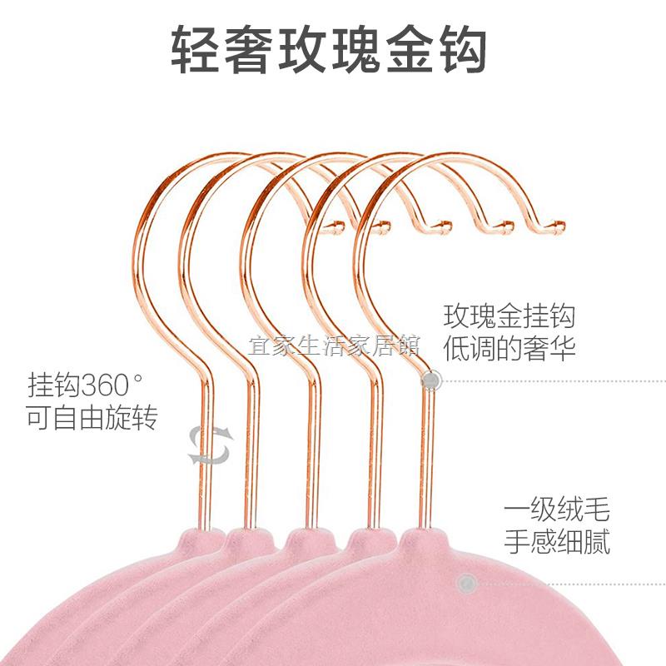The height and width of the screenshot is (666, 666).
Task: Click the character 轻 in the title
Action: point(196,49)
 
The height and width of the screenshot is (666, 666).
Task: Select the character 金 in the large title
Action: point(409,49)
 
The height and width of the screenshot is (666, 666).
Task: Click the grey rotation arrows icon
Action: point(211,445)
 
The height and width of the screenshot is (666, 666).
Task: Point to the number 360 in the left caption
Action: point(105,385)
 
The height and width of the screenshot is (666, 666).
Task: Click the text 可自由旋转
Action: point(92,418)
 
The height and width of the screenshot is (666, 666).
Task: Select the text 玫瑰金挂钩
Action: point(509,316)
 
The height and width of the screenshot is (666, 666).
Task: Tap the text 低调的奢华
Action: point(509,348)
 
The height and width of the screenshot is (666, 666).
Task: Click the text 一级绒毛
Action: point(557,509)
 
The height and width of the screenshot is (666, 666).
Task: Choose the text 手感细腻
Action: point(557,541)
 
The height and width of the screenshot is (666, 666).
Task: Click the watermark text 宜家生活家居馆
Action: point(334,345)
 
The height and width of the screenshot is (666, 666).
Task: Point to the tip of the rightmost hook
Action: point(560,226)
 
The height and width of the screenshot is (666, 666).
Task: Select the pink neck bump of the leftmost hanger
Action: point(203,539)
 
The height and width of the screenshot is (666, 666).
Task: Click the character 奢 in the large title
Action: point(249,49)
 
